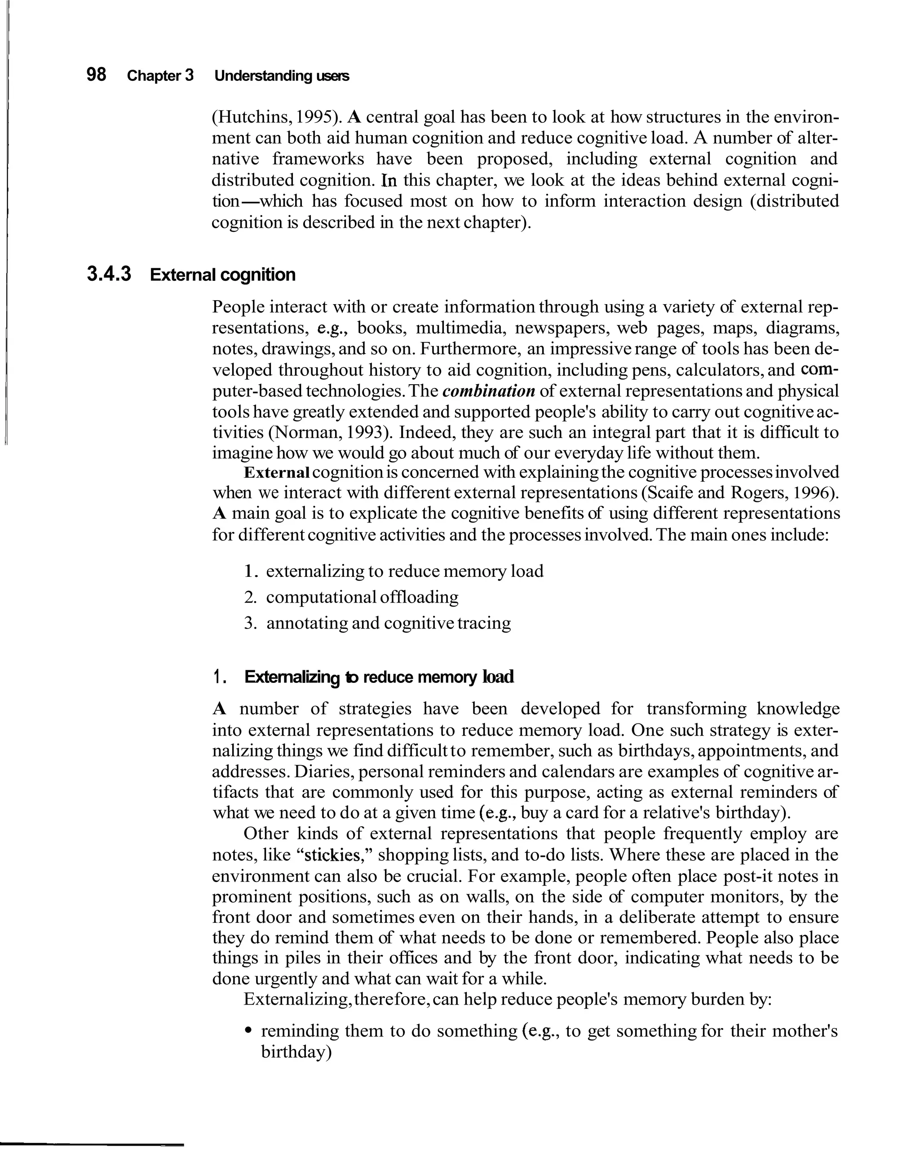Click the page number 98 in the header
pos(96,75)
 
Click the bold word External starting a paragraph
pos(277,472)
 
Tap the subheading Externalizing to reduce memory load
pos(378,677)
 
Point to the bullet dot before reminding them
pos(248,1031)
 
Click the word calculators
pos(712,370)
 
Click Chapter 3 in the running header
pos(160,76)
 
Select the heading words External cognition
pos(222,275)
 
